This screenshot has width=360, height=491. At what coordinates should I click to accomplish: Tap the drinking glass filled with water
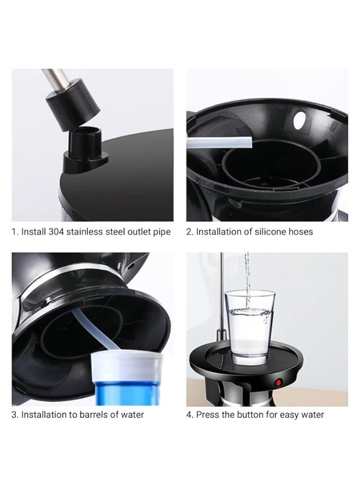point(249,327)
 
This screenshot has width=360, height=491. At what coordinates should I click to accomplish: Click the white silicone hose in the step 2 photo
point(219,142)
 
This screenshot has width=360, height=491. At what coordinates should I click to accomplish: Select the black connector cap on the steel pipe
point(73,105)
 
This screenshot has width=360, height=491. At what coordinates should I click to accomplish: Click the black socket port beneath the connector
point(85,149)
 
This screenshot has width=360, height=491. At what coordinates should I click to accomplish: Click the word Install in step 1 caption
point(33,232)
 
